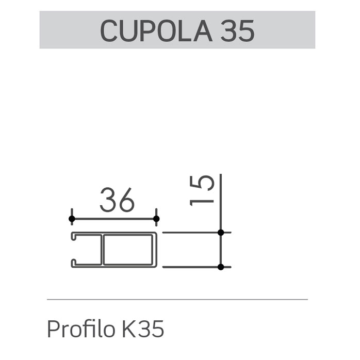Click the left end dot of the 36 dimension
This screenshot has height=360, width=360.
tap(72, 219)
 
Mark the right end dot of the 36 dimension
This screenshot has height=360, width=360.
tap(156, 219)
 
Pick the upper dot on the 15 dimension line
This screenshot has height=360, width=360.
tap(221, 233)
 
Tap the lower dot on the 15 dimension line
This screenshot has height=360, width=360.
tap(221, 267)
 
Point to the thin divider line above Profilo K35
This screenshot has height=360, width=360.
tap(177, 299)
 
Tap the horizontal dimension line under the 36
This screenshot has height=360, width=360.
tap(114, 219)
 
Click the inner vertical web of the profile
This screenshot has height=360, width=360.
tap(103, 250)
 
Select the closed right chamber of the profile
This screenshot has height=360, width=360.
tap(129, 250)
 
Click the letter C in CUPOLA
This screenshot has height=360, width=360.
tap(110, 30)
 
